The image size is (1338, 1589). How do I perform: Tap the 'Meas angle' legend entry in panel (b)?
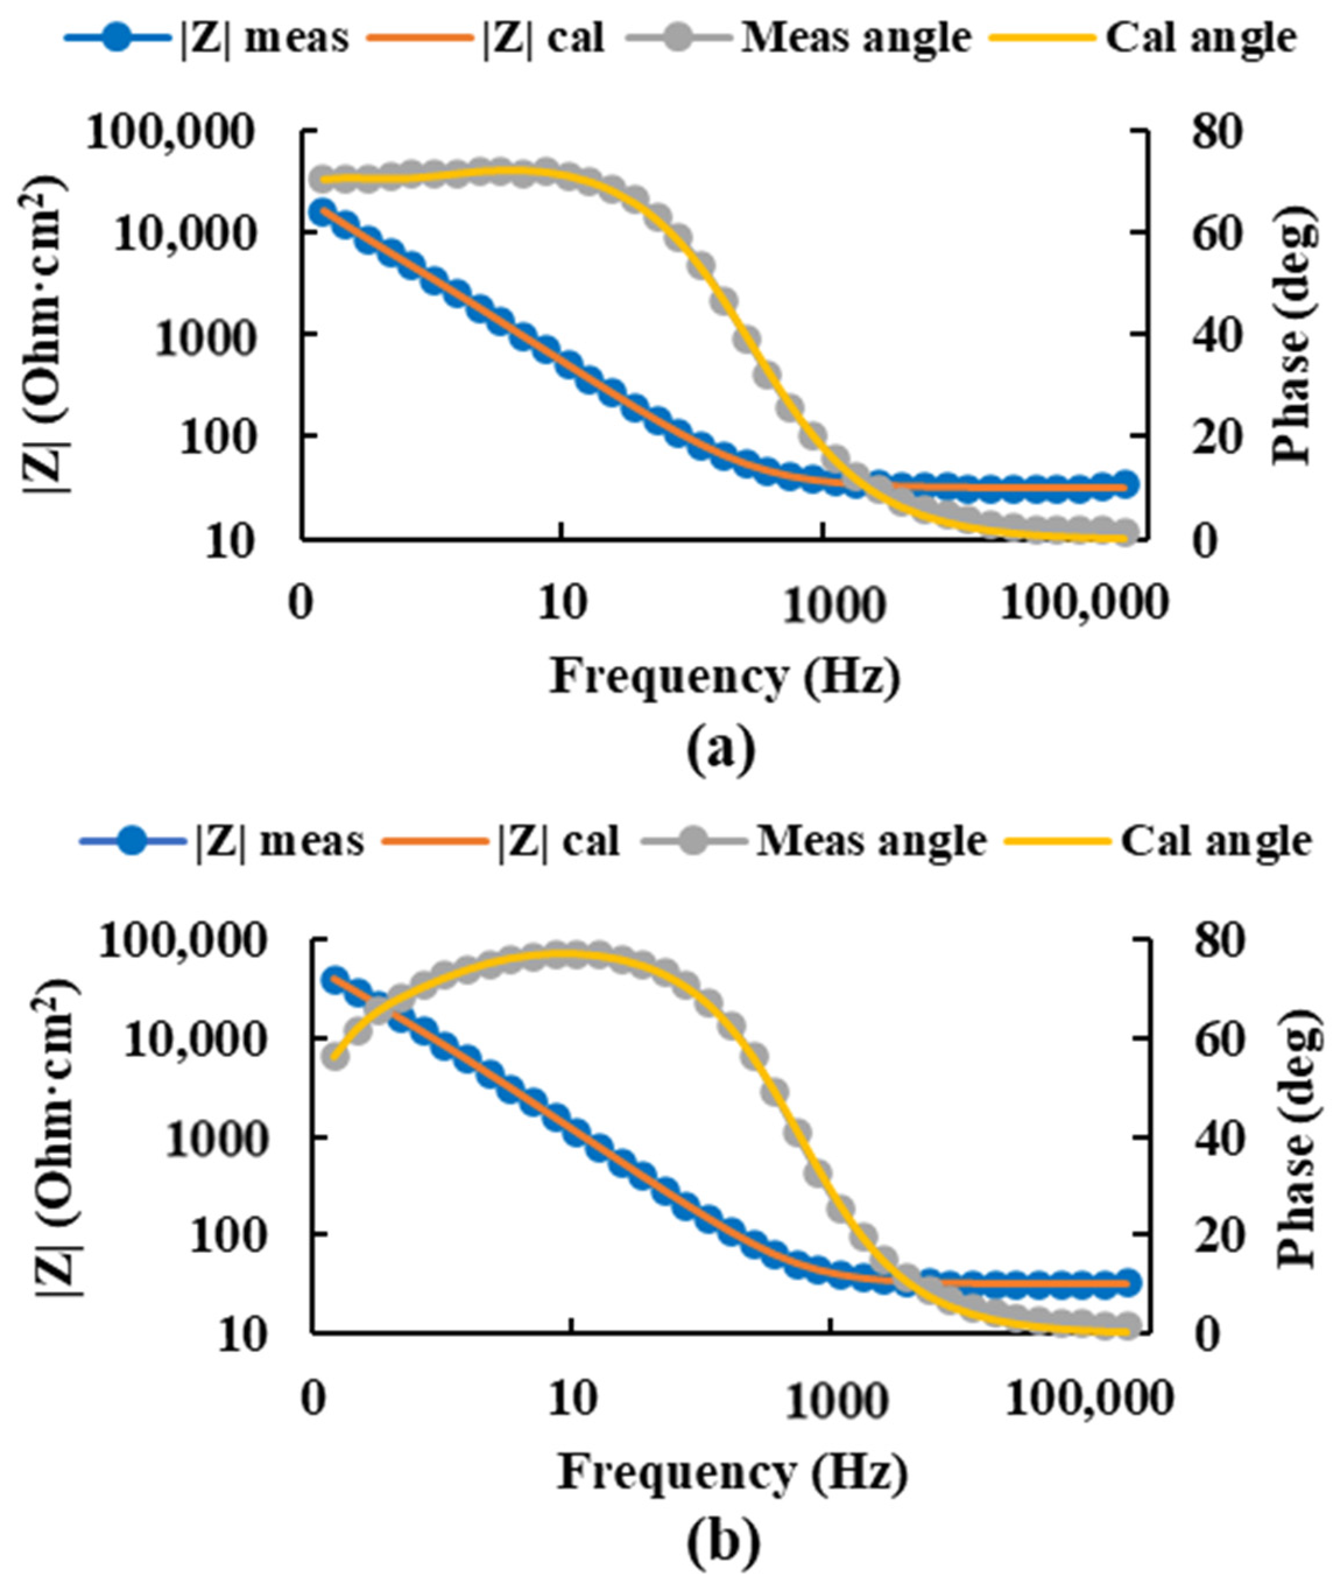pyautogui.click(x=815, y=841)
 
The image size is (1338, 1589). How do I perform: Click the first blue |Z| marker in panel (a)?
pyautogui.click(x=324, y=210)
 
